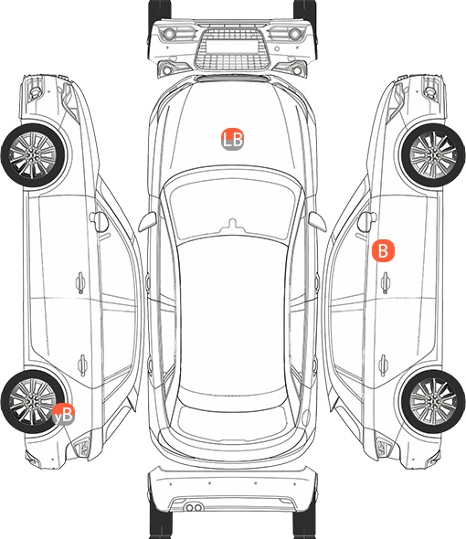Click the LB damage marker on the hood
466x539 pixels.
coord(232,140)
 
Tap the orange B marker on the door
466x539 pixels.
coord(383,250)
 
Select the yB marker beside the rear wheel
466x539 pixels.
coord(63,414)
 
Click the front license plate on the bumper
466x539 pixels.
coord(232,47)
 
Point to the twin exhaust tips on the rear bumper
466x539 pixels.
coord(194,507)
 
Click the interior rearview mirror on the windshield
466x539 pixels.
coord(232,225)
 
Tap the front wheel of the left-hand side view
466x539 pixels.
coord(33,155)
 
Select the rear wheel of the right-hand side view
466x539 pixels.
coord(433,401)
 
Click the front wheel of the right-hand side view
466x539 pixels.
coord(433,155)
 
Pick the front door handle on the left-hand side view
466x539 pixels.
coord(80,283)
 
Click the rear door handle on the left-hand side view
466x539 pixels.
coord(82,365)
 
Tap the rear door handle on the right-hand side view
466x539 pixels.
coord(384,365)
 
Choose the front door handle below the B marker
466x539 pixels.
coord(386,283)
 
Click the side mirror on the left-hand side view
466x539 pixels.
coord(99,222)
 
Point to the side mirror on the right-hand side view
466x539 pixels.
coord(367,222)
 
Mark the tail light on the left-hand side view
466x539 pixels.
coord(82,448)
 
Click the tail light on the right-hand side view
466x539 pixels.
coord(384,448)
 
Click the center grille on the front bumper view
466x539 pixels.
coord(232,48)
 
